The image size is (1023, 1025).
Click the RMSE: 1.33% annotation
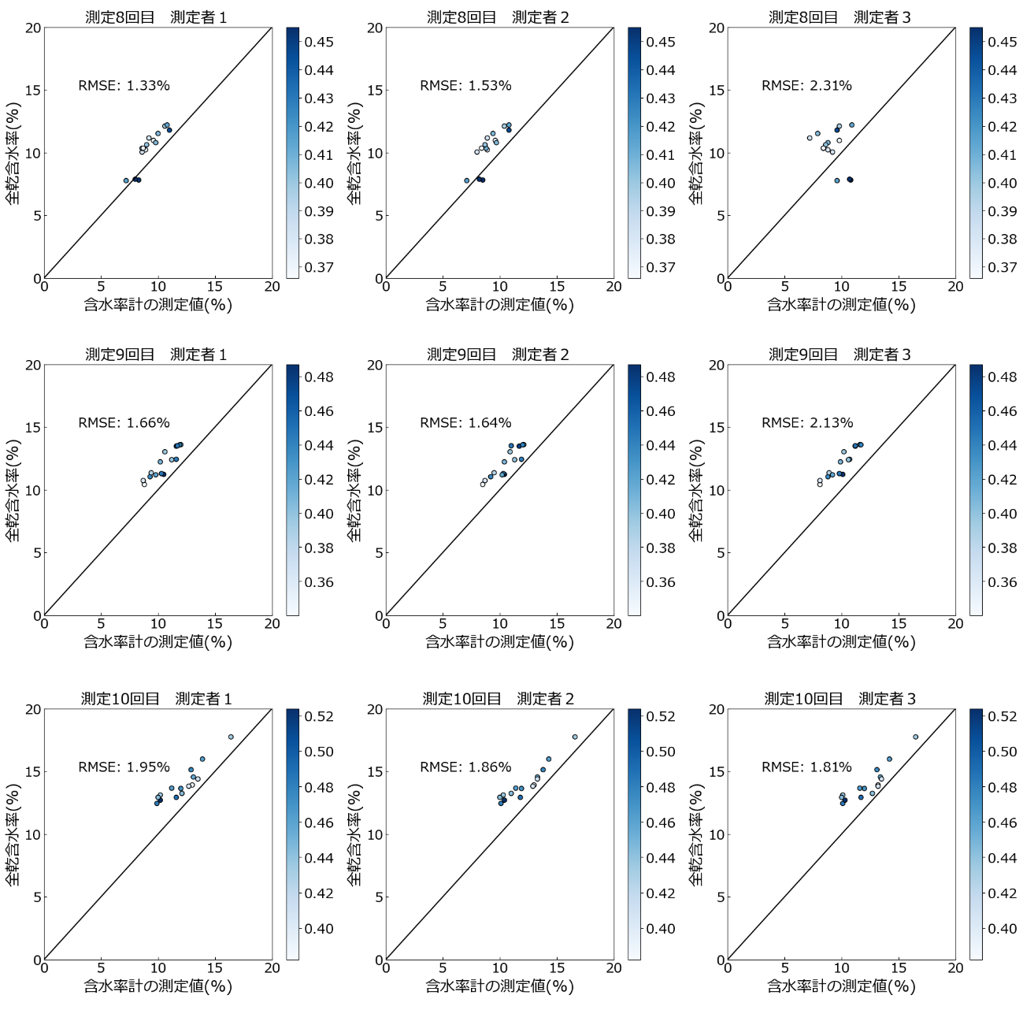click(124, 86)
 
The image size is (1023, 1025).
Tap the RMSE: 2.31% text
click(806, 86)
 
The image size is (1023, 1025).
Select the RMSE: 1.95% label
click(124, 767)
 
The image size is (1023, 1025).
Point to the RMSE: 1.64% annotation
click(465, 423)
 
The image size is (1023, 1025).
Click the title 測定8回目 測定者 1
click(156, 17)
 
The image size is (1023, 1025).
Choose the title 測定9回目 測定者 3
click(840, 355)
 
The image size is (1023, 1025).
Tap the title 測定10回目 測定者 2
click(498, 699)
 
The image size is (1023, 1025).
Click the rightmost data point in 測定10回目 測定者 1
click(231, 737)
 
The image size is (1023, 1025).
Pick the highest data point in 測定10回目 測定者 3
click(915, 737)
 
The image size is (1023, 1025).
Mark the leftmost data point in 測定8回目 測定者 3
click(810, 138)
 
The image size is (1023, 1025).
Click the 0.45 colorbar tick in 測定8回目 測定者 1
click(319, 42)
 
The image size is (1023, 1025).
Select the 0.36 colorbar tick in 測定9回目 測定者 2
click(661, 582)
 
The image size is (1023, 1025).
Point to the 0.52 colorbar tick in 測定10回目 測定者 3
click(1003, 716)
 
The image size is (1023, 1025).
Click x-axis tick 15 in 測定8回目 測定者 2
click(557, 287)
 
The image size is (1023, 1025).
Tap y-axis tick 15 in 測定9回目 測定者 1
click(32, 428)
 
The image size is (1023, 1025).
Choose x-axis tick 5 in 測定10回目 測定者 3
click(784, 968)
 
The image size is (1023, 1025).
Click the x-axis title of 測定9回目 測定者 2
click(499, 641)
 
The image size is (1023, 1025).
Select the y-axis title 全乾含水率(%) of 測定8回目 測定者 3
click(697, 153)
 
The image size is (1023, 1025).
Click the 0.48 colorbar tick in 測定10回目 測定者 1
click(319, 787)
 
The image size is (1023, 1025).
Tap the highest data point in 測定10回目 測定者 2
click(575, 737)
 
